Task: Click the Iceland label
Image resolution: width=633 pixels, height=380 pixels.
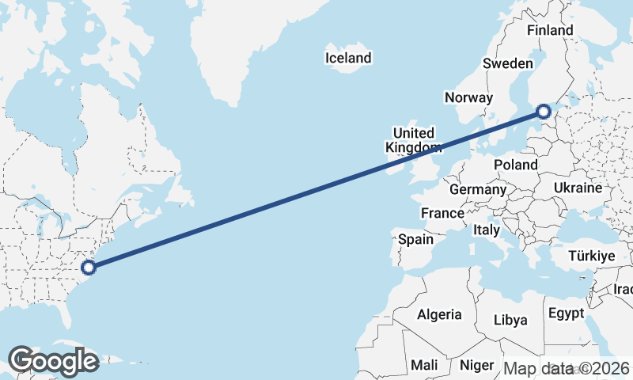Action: [348, 58]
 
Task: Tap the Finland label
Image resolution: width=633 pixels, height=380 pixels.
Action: [550, 30]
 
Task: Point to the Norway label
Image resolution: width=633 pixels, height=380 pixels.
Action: [468, 97]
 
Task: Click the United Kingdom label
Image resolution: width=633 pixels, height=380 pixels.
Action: [413, 140]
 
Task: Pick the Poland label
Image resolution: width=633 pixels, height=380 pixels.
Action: [515, 165]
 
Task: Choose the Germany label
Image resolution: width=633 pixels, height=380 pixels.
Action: [477, 190]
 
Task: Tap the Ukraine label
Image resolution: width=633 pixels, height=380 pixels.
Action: [578, 188]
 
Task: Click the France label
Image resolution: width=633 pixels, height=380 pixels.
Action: [442, 214]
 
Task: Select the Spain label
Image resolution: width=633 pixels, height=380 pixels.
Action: [416, 239]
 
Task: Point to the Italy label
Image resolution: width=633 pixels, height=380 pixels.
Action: [486, 230]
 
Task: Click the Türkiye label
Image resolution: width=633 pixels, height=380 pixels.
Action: [592, 256]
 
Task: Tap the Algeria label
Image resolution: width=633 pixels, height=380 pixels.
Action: [439, 314]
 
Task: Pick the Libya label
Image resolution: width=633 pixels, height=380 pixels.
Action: [510, 321]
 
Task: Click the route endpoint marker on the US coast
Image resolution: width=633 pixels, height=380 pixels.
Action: [89, 267]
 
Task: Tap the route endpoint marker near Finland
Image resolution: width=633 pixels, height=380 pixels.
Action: [544, 112]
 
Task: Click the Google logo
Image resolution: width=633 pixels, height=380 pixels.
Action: [53, 361]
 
